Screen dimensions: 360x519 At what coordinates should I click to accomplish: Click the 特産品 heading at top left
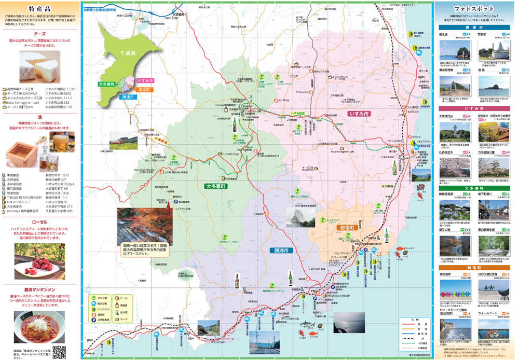(x=40, y=9)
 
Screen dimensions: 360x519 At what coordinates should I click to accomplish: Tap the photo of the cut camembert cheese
(x=40, y=66)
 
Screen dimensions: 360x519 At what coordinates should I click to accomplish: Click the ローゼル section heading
(x=40, y=221)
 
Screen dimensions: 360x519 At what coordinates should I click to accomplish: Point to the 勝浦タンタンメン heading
(x=40, y=289)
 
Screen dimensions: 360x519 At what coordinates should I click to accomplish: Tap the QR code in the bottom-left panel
(x=59, y=352)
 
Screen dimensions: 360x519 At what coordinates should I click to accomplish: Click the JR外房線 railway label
(x=389, y=186)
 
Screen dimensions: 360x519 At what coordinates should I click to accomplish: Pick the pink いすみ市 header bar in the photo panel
(x=474, y=108)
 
